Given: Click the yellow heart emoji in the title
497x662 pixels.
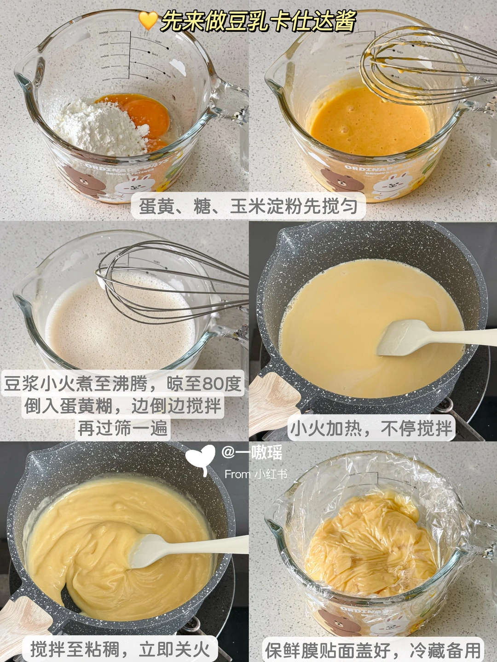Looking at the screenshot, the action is click(x=148, y=20).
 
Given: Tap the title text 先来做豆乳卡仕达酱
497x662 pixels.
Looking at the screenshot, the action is click(x=258, y=21).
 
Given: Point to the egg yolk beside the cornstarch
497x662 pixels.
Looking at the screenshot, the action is click(x=146, y=114).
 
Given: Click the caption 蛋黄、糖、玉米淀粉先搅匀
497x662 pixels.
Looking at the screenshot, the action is click(x=248, y=206).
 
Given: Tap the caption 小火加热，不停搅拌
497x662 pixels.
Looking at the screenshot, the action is click(x=371, y=428).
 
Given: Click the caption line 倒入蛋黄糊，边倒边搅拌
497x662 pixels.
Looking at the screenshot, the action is click(x=123, y=405).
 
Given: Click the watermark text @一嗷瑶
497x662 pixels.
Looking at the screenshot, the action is click(x=252, y=452).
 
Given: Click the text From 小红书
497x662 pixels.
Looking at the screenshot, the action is click(x=255, y=474).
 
